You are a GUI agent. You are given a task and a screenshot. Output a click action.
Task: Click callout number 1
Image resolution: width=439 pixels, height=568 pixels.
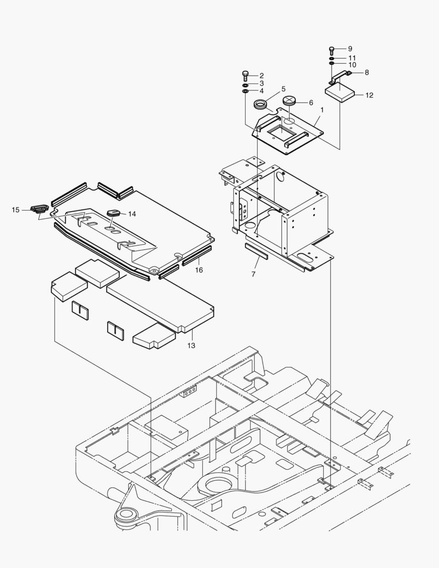click(321, 110)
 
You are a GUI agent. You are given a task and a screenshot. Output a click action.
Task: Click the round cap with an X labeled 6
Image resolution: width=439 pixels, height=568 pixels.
click(291, 100)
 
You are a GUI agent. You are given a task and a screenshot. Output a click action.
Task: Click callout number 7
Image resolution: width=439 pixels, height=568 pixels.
click(253, 275)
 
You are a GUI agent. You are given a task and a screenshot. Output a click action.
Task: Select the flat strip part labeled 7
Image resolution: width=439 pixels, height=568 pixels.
click(257, 250)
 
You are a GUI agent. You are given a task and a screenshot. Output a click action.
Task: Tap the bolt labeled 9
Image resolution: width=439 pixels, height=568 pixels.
click(332, 50)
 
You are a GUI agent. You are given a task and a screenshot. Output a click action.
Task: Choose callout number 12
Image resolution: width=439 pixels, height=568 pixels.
click(369, 95)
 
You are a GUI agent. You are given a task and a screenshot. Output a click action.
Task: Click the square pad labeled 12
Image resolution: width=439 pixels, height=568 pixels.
click(340, 93)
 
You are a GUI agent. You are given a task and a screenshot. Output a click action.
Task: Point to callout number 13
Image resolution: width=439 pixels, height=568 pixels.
click(191, 346)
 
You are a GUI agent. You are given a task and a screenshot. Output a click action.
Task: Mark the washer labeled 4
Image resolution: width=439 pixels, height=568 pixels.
click(245, 92)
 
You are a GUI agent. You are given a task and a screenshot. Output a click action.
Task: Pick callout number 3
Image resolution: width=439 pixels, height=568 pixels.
click(261, 83)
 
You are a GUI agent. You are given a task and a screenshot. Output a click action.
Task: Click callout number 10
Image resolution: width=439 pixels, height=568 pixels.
click(352, 65)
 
